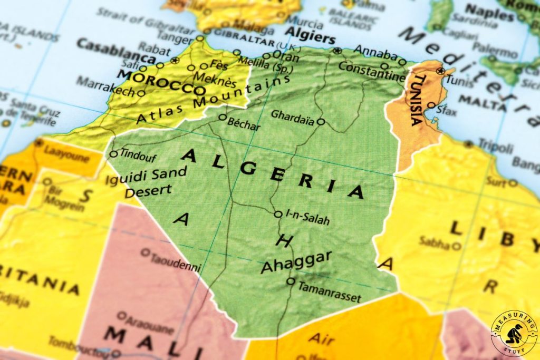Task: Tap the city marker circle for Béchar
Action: coord(223,118)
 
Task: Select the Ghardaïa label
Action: coord(292,115)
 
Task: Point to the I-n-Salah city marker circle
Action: coord(278,214)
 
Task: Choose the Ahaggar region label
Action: coord(296,262)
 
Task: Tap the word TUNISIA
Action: coord(417,100)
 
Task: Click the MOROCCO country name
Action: coord(160,83)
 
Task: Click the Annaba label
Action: coord(375,52)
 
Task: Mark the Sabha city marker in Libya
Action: coord(457,246)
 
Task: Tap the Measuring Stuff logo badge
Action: coord(514,334)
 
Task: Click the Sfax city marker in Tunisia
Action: coord(431,105)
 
